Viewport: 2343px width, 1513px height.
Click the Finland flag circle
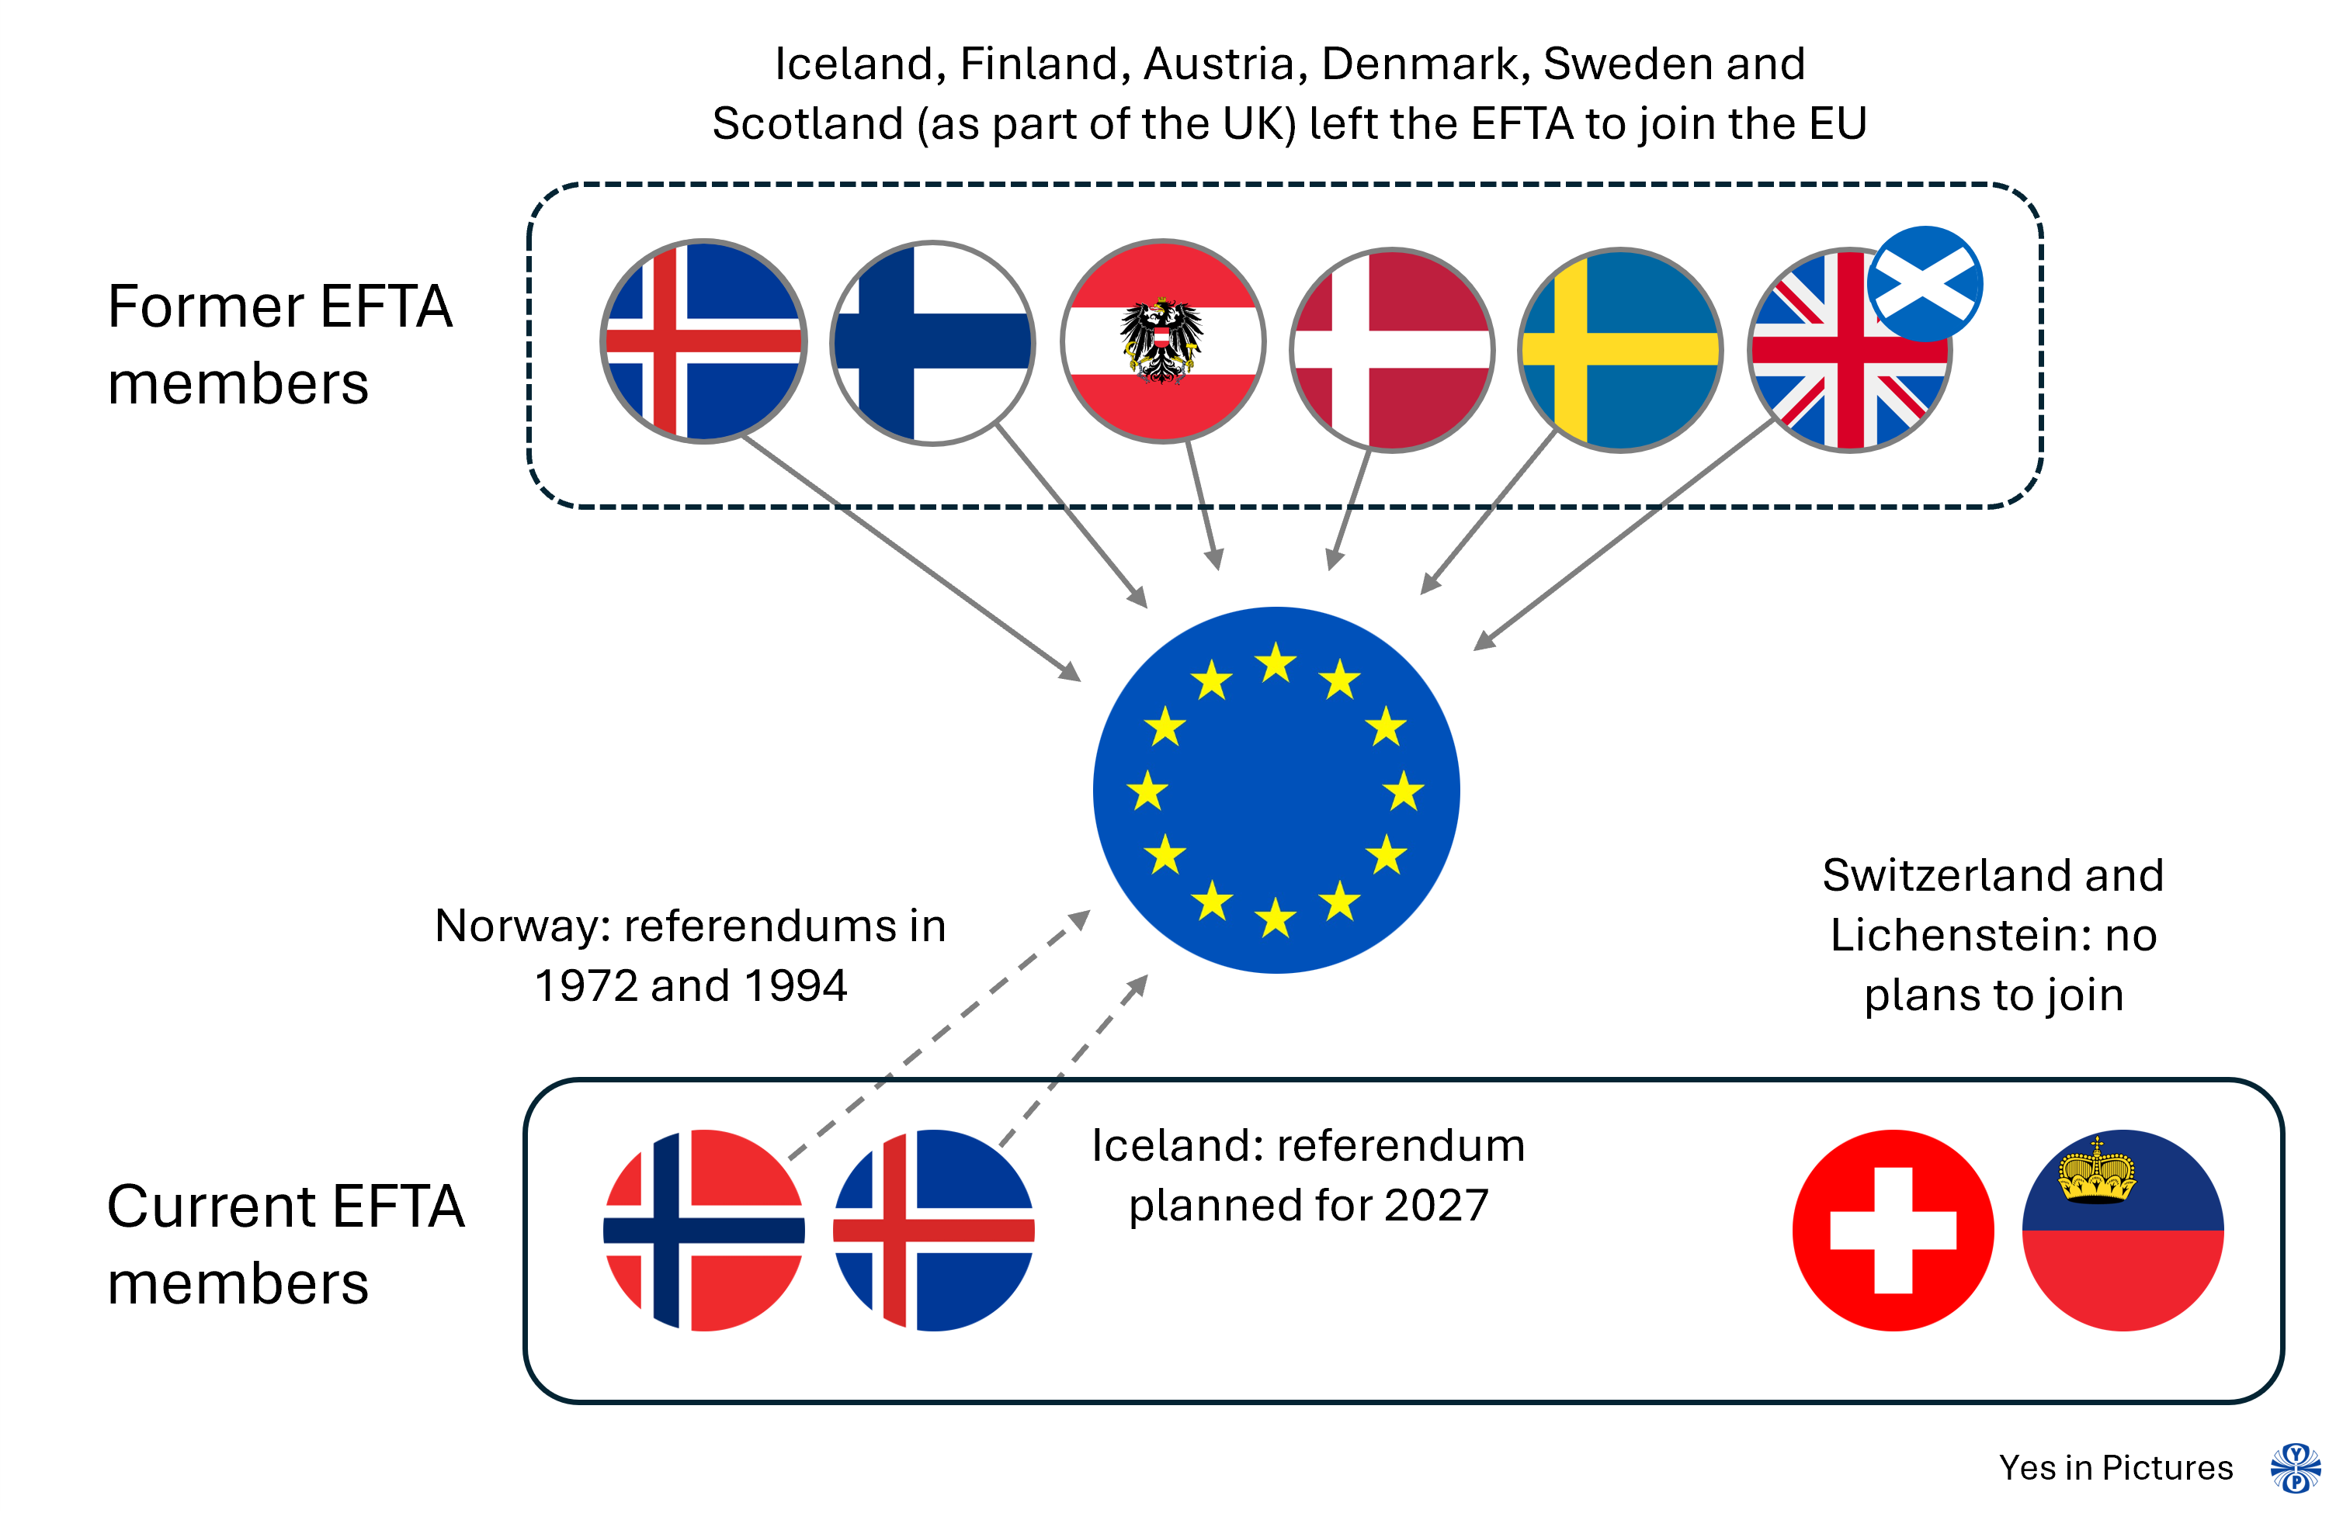click(x=932, y=343)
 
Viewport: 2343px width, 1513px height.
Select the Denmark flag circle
click(x=1392, y=350)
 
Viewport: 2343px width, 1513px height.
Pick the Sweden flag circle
click(x=1621, y=350)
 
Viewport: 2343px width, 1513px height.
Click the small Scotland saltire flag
click(x=1925, y=284)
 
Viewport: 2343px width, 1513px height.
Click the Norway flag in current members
click(x=703, y=1230)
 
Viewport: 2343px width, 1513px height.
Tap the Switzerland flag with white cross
click(x=1893, y=1230)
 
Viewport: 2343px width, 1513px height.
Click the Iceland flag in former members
click(x=703, y=341)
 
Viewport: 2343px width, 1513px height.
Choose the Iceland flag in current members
click(x=934, y=1230)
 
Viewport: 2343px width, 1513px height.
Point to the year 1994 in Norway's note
click(x=795, y=985)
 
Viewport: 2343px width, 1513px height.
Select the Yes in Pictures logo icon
click(x=2296, y=1469)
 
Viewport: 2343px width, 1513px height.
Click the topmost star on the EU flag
click(x=1276, y=663)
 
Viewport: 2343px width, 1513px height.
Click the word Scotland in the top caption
click(x=807, y=124)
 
